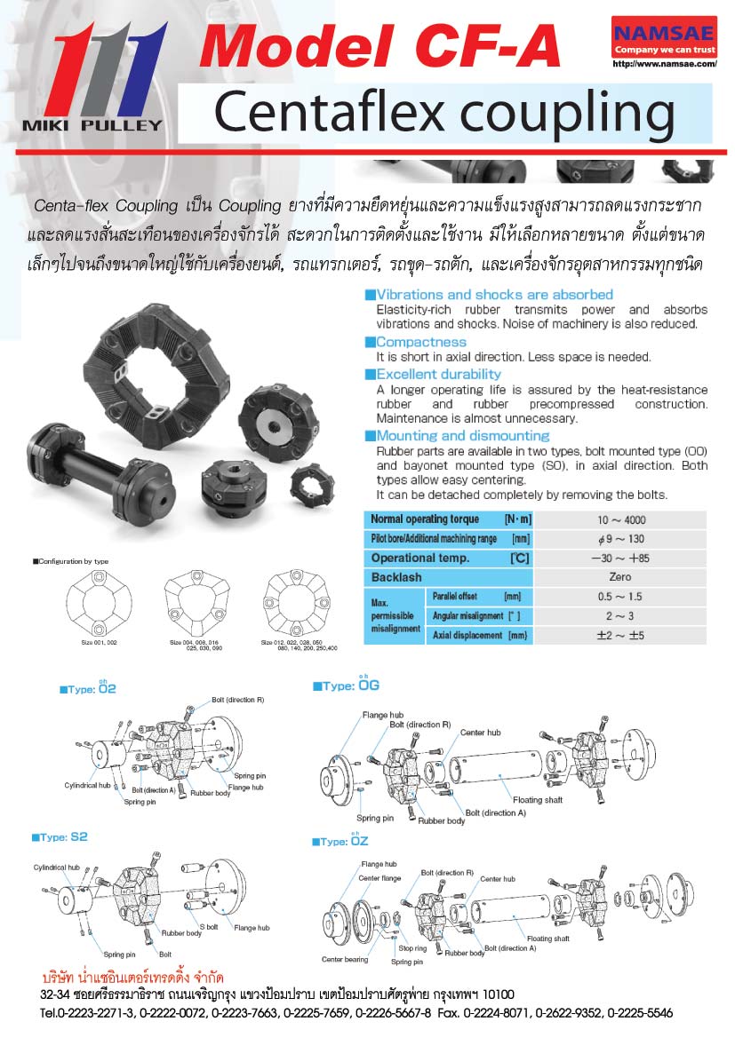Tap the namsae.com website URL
[665, 65]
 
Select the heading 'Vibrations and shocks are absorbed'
[494, 294]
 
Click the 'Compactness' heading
[421, 342]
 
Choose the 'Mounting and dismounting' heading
[463, 436]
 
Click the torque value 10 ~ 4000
[622, 519]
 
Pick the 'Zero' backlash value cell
[621, 577]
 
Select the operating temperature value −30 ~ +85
[621, 559]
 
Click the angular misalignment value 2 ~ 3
[621, 616]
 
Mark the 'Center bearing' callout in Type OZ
[345, 959]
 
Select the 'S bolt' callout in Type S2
[209, 927]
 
